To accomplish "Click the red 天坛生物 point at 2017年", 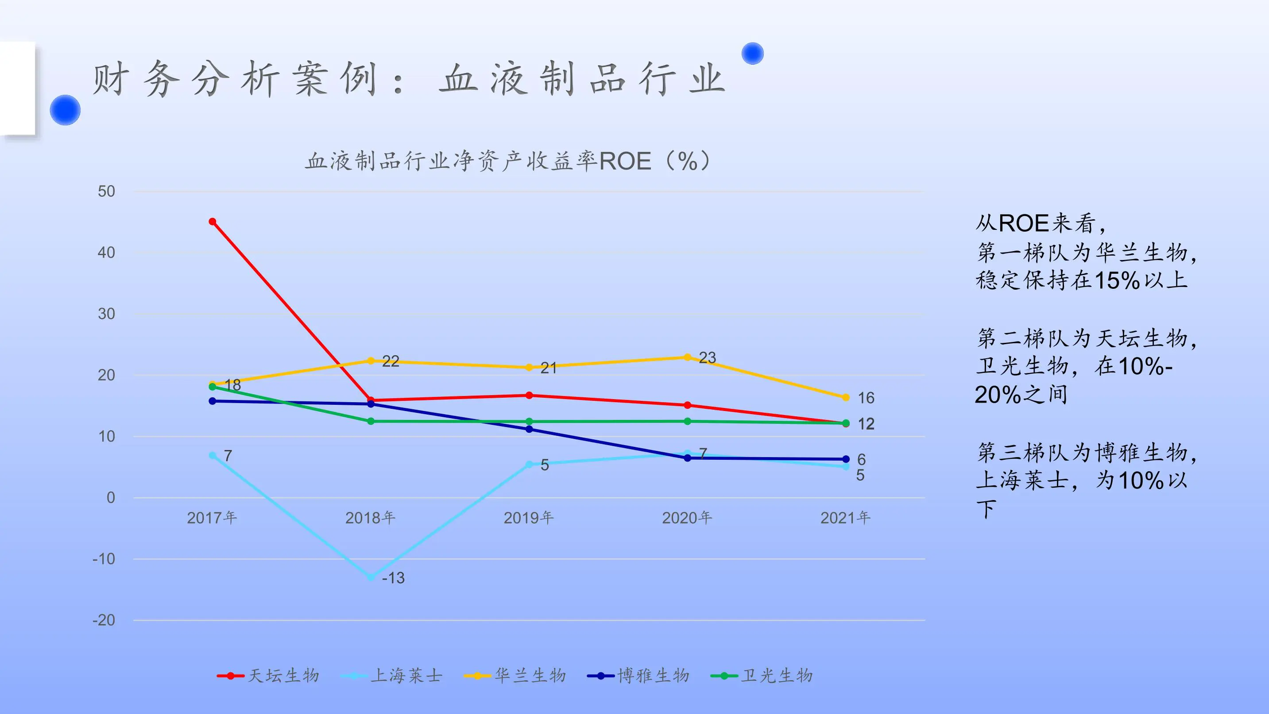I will coord(213,222).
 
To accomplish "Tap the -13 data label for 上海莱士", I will coord(393,578).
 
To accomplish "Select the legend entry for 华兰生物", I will coord(515,675).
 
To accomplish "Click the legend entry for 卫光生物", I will coord(762,675).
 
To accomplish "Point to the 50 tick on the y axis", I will coord(106,191).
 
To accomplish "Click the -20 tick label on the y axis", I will coord(104,620).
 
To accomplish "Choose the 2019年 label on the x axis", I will coord(529,517).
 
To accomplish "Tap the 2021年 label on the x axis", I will coord(845,517).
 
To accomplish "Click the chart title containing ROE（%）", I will coord(508,161).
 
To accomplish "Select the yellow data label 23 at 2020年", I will coord(708,357).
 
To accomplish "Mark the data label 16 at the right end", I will coord(866,398).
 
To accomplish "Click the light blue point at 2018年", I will coord(371,577).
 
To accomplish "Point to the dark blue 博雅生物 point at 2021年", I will coord(846,459).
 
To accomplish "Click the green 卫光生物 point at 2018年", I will coord(371,421).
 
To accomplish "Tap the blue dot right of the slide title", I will coord(752,53).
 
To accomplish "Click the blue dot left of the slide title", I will coord(65,110).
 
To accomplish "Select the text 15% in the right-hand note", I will coord(1117,280).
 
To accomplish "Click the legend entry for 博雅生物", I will coord(638,675).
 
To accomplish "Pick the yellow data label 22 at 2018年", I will coord(391,361).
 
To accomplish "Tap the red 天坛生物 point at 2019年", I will coord(529,395).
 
